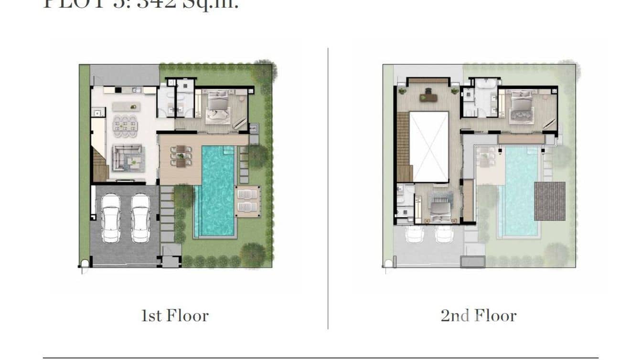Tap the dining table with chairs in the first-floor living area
125,126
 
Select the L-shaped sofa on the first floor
127,158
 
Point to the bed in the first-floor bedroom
218,108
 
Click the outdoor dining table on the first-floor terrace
181,156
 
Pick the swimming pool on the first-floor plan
217,191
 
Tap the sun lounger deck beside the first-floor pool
247,201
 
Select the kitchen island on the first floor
126,106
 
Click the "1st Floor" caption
174,316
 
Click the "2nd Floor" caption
478,316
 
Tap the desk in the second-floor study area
428,97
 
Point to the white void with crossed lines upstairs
429,147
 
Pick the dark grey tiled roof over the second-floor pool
549,201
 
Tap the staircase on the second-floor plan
404,147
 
